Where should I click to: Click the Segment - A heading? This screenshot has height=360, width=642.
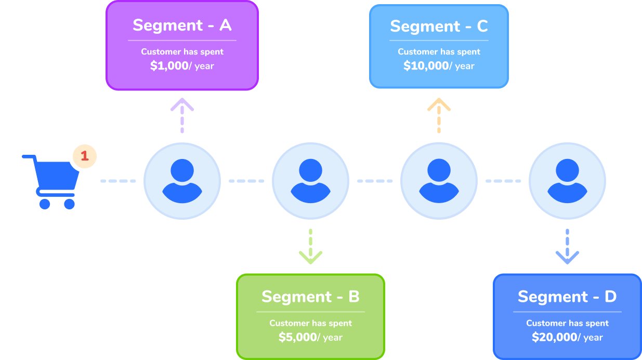182,25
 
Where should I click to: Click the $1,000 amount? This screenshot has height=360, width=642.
168,66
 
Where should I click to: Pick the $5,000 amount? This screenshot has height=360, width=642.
297,337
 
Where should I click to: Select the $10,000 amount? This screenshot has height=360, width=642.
426,66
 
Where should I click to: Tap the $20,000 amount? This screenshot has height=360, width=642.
554,337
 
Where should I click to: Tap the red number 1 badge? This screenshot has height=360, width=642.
85,155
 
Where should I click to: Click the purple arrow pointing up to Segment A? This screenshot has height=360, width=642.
182,115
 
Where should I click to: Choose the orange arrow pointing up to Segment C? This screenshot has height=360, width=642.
439,115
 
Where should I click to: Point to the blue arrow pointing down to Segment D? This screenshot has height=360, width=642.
567,247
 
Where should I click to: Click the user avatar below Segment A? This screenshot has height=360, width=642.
182,181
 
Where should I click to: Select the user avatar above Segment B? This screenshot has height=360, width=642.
310,181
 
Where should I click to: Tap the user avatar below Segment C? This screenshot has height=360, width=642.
439,181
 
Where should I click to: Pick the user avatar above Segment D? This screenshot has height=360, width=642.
567,181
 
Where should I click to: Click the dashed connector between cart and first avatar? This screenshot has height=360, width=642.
118,181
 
